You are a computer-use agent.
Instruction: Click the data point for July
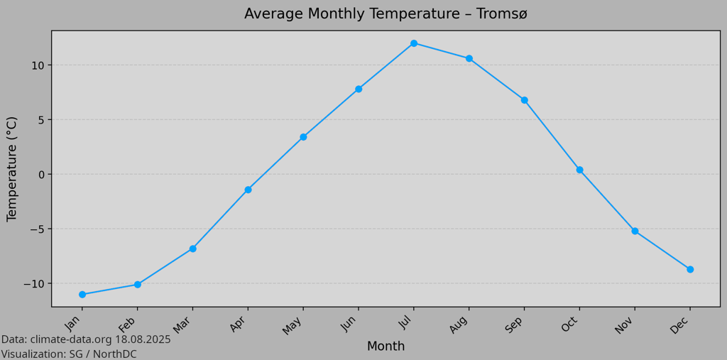[x=414, y=43]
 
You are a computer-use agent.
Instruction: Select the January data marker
[x=82, y=295]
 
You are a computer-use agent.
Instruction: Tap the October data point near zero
[x=579, y=170]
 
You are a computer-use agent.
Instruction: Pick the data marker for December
[x=690, y=269]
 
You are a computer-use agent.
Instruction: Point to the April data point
[x=248, y=190]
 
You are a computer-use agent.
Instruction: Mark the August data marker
[x=469, y=58]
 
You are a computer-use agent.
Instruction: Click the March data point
[x=192, y=249]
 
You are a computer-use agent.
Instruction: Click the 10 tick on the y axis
[x=37, y=65]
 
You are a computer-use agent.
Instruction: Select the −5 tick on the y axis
[x=33, y=229]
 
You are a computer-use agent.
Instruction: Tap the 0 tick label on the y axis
[x=40, y=175]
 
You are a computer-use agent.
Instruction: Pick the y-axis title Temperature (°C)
[x=12, y=169]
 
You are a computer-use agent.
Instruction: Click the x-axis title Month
[x=386, y=347]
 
